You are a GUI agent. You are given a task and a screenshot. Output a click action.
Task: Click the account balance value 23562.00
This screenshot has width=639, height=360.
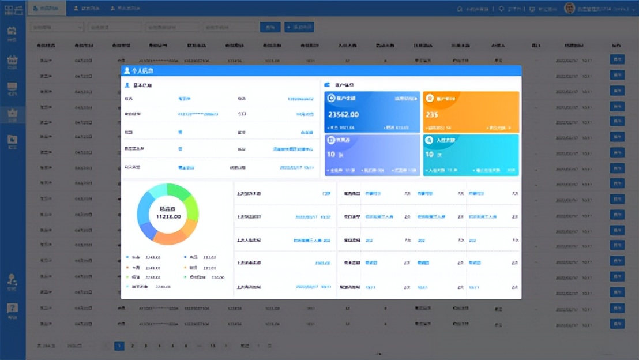[344, 115]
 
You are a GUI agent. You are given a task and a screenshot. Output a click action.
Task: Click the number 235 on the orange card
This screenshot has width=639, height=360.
[432, 115]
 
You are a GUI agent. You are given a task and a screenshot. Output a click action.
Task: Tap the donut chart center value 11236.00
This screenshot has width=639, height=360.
[168, 216]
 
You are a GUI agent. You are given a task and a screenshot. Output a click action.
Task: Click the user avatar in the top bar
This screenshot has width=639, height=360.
[569, 8]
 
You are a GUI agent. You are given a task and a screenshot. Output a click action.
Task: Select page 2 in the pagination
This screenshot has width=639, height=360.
[133, 346]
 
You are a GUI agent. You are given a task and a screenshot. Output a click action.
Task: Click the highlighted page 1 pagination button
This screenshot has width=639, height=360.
[119, 346]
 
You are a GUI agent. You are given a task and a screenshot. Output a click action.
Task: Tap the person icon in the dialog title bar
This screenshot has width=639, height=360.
[127, 70]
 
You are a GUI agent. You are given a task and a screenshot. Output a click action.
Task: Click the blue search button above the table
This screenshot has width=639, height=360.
[270, 27]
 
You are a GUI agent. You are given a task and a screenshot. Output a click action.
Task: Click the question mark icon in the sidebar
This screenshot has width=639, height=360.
[12, 309]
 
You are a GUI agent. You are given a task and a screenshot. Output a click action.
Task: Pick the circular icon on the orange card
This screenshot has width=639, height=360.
[430, 98]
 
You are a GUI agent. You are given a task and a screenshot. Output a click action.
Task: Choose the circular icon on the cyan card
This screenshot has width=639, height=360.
[429, 140]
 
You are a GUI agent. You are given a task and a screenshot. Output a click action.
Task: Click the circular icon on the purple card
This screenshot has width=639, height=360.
[331, 140]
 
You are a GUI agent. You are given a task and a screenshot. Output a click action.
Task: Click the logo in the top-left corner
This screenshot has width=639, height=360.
[13, 9]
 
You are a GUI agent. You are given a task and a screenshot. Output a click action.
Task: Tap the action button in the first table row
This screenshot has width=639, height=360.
[617, 59]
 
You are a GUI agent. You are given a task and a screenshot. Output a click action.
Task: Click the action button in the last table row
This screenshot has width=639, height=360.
[617, 324]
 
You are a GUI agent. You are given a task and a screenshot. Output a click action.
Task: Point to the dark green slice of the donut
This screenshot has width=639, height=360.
[181, 192]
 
